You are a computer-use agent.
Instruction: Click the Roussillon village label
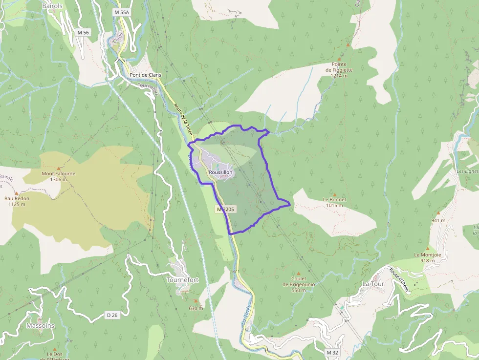[x=220, y=172]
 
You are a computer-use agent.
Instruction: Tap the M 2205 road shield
[x=226, y=209]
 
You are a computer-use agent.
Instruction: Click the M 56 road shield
[x=83, y=32]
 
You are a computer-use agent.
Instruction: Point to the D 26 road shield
[x=112, y=315]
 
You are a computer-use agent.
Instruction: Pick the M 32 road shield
[x=332, y=352]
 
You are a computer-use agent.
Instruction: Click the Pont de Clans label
[x=146, y=75]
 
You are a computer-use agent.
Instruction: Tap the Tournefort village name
[x=182, y=280]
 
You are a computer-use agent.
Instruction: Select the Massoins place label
[x=40, y=325]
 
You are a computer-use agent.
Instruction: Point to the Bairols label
[x=53, y=6]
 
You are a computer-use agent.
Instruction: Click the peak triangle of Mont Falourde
[x=59, y=168]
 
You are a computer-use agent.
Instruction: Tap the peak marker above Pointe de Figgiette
[x=348, y=44]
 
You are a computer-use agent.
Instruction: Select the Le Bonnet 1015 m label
[x=334, y=202]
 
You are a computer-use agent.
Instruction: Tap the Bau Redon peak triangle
[x=16, y=193]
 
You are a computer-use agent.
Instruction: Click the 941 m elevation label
[x=438, y=220]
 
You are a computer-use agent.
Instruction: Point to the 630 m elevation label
[x=196, y=308]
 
